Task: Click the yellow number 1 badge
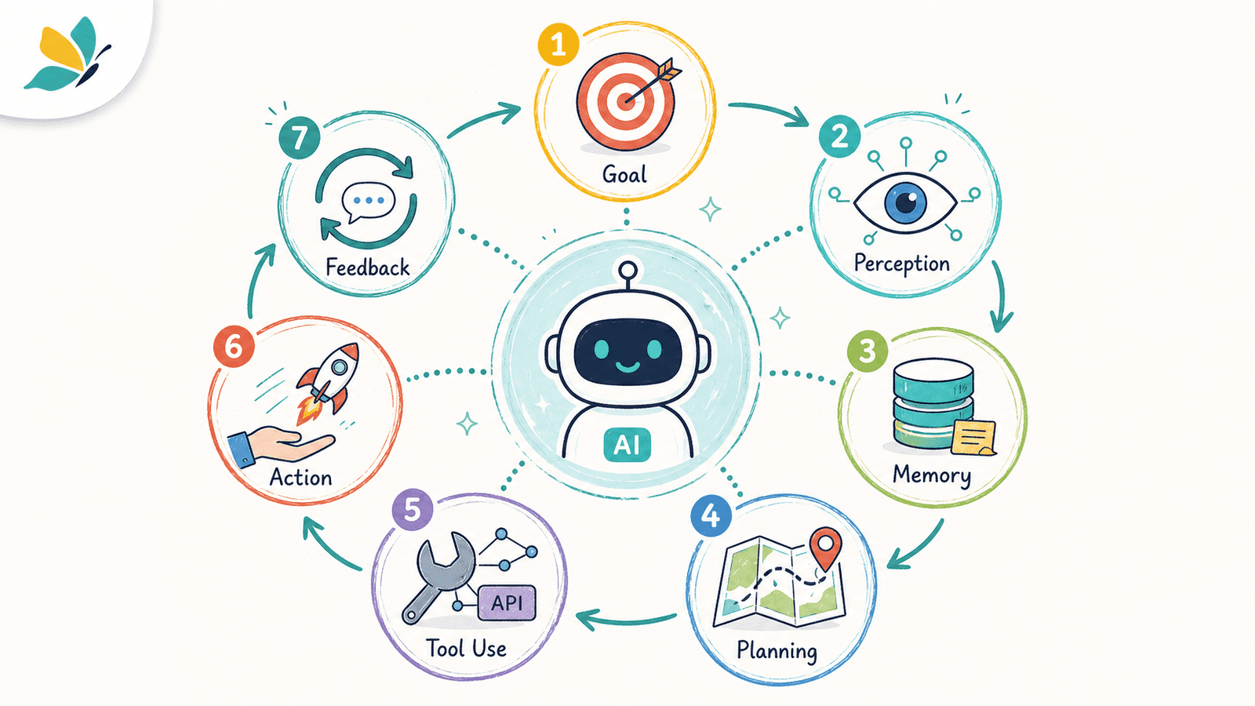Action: (558, 45)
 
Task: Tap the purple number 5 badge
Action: (413, 510)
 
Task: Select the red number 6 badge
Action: (234, 347)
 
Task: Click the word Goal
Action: (624, 174)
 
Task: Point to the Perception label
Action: (902, 264)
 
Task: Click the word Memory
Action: (932, 475)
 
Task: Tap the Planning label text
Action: (777, 651)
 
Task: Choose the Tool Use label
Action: (466, 648)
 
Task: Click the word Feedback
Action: (368, 267)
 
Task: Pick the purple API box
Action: (507, 603)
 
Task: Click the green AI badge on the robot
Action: (627, 445)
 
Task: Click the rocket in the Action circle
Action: (329, 382)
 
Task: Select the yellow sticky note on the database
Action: (973, 438)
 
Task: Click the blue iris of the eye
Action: (905, 202)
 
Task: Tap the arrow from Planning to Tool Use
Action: (626, 620)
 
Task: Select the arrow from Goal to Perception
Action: (769, 111)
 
